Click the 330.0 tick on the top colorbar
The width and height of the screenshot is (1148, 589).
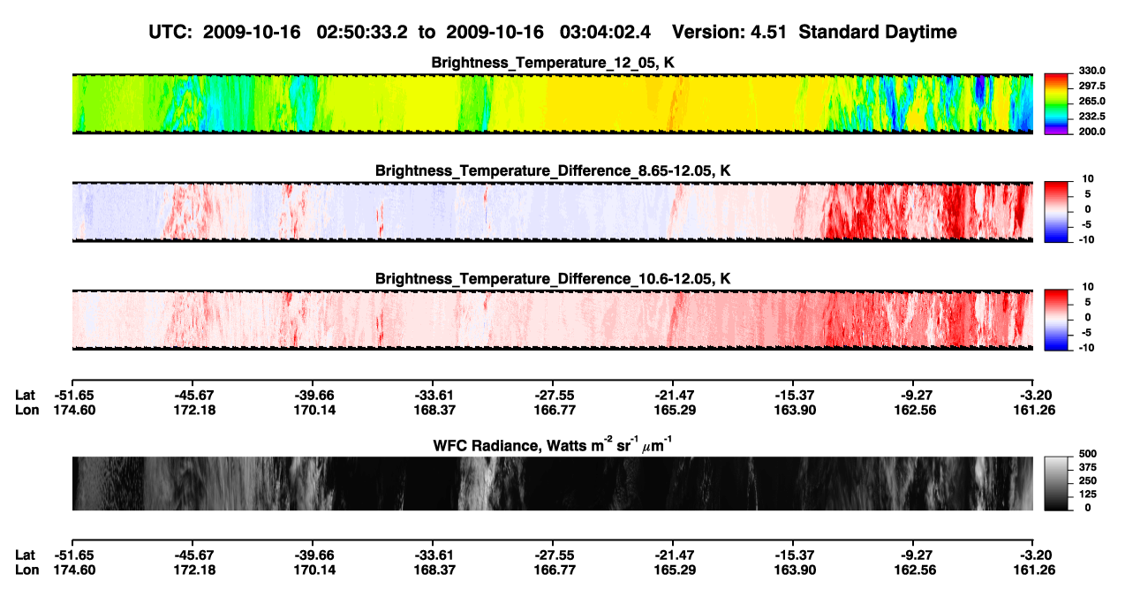(1091, 71)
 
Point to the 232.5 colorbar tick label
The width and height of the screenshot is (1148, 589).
(1091, 117)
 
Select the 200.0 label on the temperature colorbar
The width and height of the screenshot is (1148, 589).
(1091, 132)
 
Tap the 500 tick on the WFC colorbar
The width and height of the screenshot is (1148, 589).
(1087, 454)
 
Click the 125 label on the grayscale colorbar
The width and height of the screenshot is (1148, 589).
(1087, 495)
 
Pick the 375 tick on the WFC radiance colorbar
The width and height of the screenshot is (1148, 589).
(1087, 467)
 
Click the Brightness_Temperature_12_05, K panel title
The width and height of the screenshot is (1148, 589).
(553, 63)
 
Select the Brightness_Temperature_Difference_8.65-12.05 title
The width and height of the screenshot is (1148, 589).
(553, 170)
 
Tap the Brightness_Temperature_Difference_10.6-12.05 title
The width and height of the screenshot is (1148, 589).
(553, 279)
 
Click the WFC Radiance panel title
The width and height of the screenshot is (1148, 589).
(553, 445)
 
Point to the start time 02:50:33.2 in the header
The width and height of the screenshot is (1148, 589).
(362, 33)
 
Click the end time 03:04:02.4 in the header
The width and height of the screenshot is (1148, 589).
(605, 33)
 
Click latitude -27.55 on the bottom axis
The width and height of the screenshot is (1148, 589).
(555, 555)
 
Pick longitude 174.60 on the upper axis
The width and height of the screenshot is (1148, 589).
(74, 411)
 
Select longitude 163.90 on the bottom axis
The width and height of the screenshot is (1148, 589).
(795, 570)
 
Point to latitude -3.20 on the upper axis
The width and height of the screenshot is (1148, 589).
(1035, 396)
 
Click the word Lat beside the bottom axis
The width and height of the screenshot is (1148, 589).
(25, 555)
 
